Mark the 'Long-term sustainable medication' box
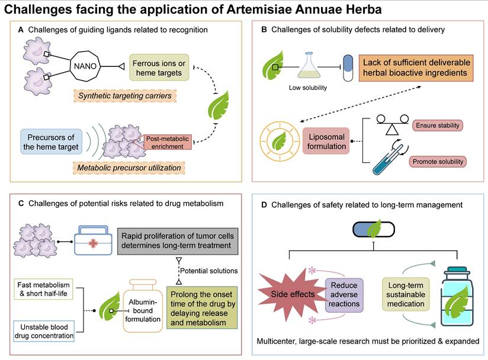point(403,294)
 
